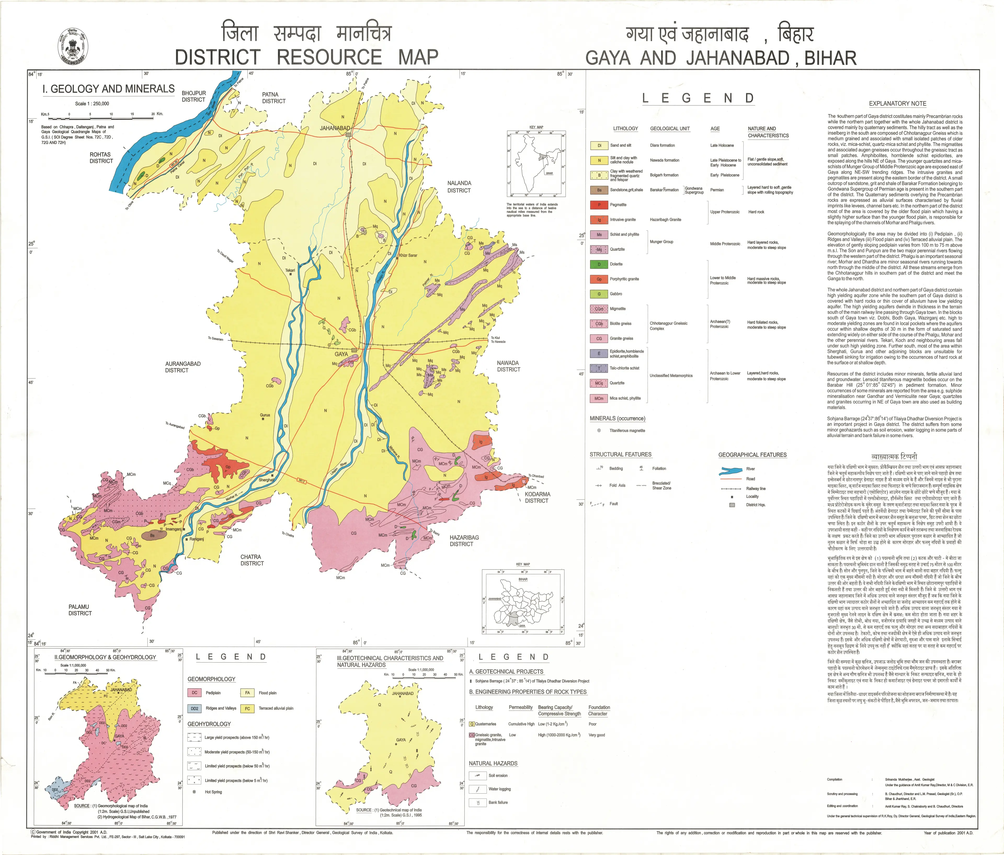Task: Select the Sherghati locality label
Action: tap(266, 480)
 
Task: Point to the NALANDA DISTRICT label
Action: tap(459, 186)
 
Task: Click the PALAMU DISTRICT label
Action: tap(80, 610)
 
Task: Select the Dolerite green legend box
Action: tap(599, 264)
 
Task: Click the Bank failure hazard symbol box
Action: tap(477, 802)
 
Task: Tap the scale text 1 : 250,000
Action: tap(92, 103)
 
